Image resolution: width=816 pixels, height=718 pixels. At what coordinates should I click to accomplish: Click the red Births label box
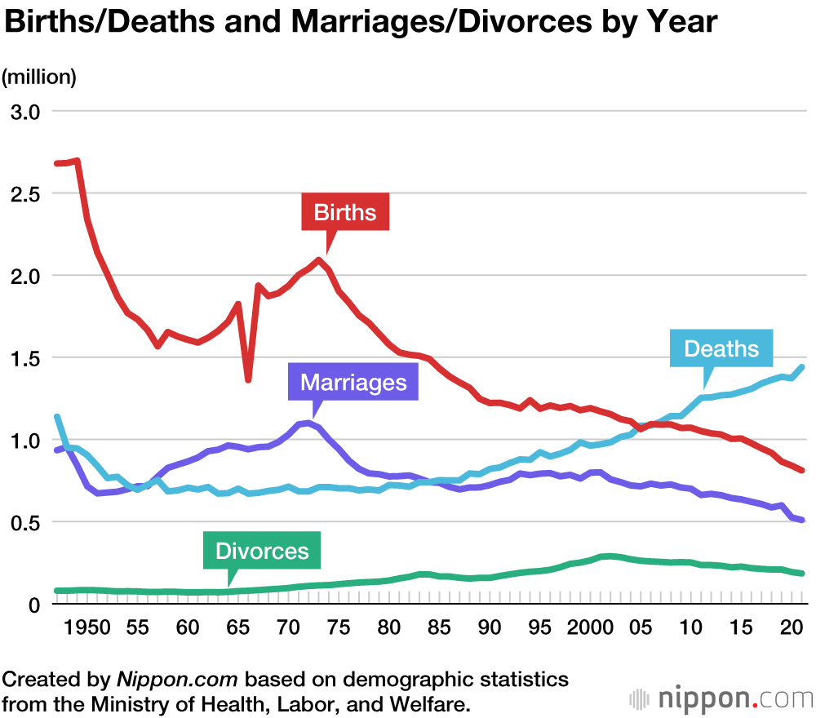coord(345,213)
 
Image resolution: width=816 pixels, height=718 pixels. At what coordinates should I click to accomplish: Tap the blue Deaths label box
coord(721,349)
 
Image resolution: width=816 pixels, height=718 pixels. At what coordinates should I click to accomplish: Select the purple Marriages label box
coord(353,383)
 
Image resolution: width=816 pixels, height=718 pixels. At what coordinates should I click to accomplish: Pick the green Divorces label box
coord(262,551)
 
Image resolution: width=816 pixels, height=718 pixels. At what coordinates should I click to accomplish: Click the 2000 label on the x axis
coord(591,628)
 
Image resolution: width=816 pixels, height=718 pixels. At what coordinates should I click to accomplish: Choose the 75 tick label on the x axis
coord(338,628)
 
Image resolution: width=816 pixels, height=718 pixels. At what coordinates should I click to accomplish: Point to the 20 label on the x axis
coord(790,628)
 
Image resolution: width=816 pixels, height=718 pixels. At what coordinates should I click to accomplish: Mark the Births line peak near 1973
coord(318,260)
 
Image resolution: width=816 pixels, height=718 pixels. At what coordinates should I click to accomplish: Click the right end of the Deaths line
coord(803,367)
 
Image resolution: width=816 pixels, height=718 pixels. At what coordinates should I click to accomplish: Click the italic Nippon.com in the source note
coord(178,680)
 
